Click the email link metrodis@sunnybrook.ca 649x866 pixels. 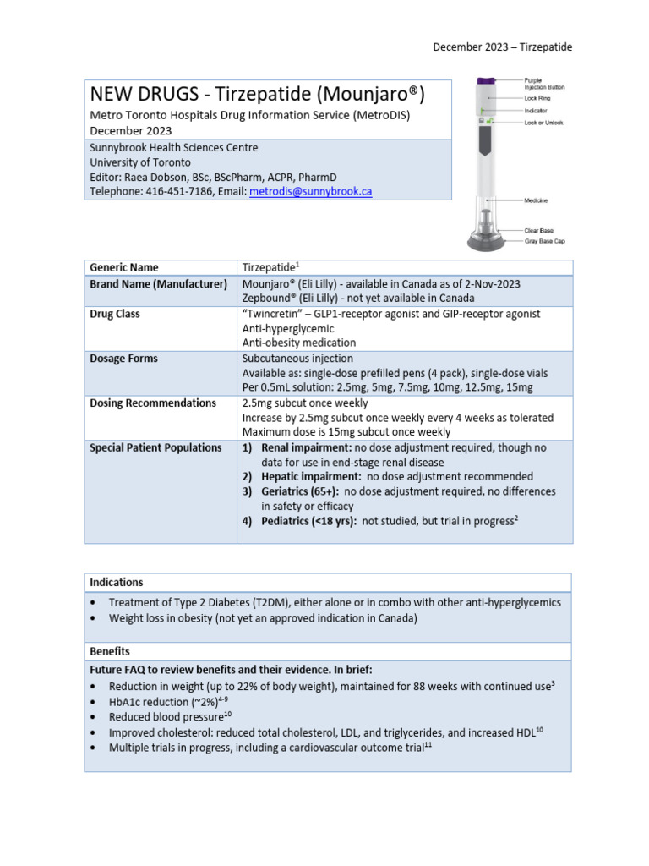pyautogui.click(x=310, y=192)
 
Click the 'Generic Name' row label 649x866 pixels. pyautogui.click(x=123, y=268)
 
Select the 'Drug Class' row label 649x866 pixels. pyautogui.click(x=115, y=314)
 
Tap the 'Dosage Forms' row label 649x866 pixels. pyautogui.click(x=123, y=359)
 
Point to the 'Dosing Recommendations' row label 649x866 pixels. pyautogui.click(x=153, y=403)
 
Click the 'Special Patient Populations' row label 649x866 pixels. pyautogui.click(x=155, y=448)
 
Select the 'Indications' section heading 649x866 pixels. pyautogui.click(x=116, y=583)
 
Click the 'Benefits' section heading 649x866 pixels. pyautogui.click(x=109, y=652)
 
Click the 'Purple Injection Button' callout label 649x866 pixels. pyautogui.click(x=544, y=84)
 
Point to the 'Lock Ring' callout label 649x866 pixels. pyautogui.click(x=537, y=99)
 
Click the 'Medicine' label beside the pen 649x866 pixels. pyautogui.click(x=536, y=200)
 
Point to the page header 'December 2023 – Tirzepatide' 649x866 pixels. pyautogui.click(x=502, y=47)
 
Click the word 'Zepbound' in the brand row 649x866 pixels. pyautogui.click(x=269, y=299)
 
